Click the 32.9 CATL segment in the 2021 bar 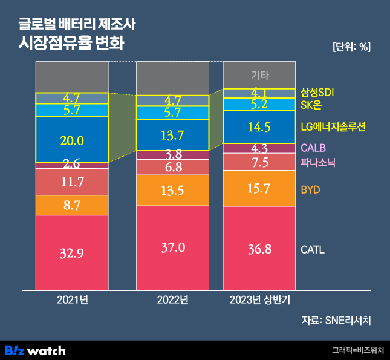(72, 254)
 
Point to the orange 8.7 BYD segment (72, 205)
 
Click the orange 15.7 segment (259, 188)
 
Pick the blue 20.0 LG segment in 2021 (72, 140)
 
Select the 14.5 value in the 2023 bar (259, 128)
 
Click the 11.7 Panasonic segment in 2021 (72, 182)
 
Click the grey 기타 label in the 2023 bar (259, 76)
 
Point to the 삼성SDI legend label (317, 93)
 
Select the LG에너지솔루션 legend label (333, 126)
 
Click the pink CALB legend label (313, 148)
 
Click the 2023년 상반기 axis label (259, 299)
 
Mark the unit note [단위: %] (351, 47)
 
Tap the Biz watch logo (35, 350)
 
